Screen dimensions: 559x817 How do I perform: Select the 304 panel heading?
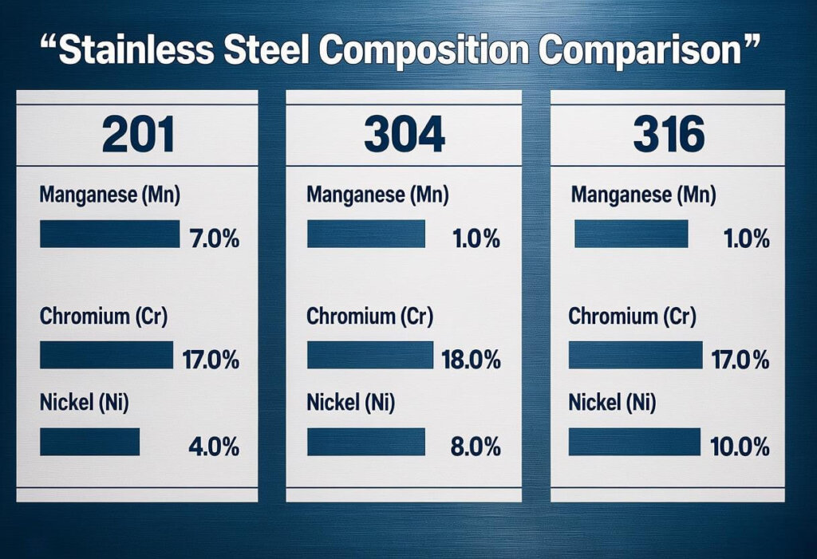click(x=405, y=133)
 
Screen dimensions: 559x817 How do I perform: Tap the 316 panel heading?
click(x=669, y=133)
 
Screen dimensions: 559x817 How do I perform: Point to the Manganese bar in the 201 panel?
click(x=109, y=234)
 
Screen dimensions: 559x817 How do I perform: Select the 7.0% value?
click(x=211, y=238)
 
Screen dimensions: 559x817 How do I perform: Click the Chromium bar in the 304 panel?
click(x=369, y=355)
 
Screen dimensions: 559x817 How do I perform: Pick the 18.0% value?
click(x=472, y=360)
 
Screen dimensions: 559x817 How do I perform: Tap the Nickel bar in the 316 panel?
click(x=633, y=442)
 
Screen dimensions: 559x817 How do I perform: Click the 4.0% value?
click(x=213, y=447)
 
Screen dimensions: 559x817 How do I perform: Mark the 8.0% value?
click(x=476, y=447)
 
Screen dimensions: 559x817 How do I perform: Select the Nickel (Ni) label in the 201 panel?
click(x=84, y=404)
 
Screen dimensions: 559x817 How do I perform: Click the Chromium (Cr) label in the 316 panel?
click(x=633, y=317)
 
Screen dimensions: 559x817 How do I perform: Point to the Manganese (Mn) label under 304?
click(x=377, y=194)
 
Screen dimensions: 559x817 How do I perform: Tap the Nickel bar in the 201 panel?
click(x=89, y=442)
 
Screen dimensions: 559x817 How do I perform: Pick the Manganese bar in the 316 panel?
click(x=631, y=234)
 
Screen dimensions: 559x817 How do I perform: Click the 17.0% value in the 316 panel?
click(x=740, y=360)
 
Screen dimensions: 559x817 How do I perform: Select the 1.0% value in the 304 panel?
click(x=476, y=238)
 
